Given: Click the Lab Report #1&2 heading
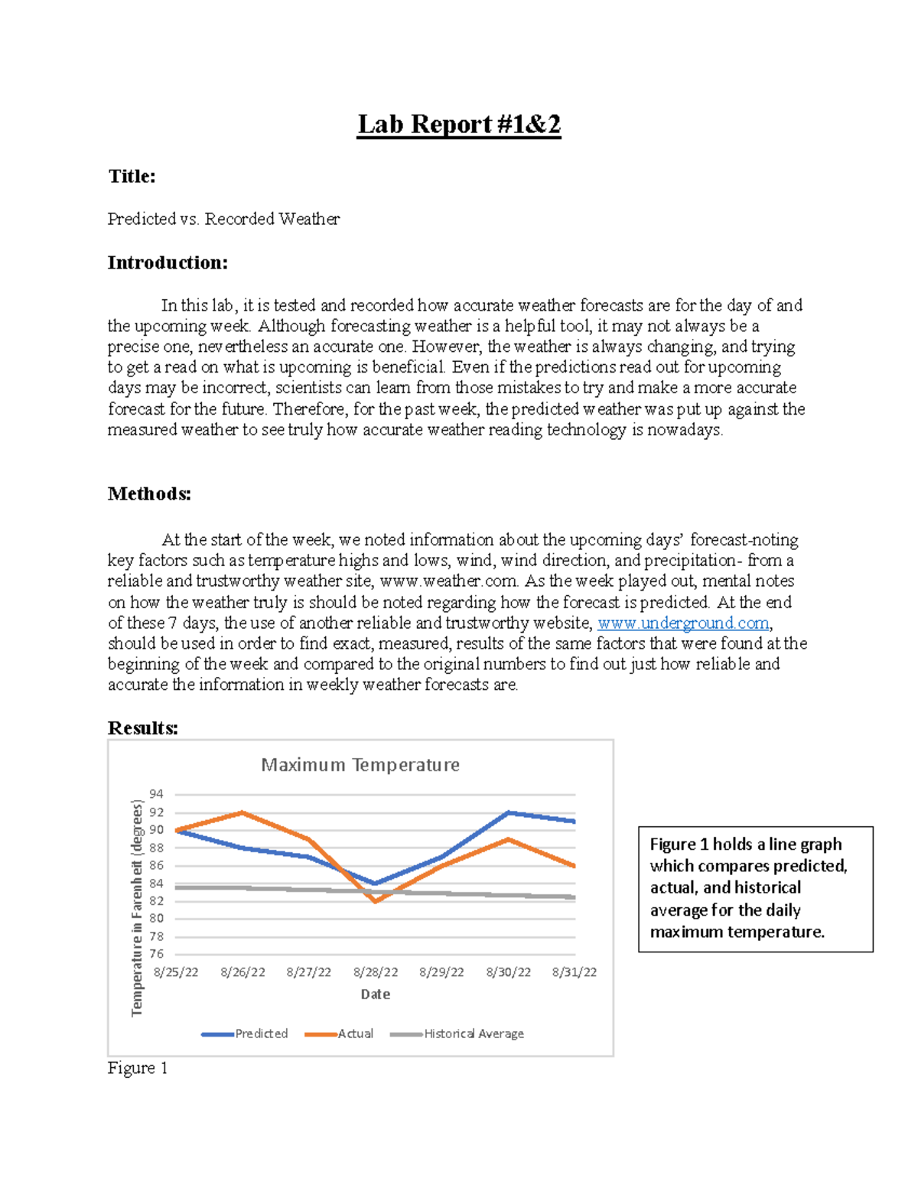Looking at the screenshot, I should tap(459, 124).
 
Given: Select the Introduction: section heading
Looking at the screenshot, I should tap(168, 262).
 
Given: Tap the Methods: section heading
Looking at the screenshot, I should tap(149, 493).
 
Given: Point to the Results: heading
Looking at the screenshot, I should tap(143, 727).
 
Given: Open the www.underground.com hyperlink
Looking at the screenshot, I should tap(682, 623).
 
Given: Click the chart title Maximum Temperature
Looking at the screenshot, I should tap(360, 765).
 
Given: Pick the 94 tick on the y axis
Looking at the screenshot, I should tap(156, 794).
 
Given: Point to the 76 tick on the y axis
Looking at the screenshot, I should tap(156, 954).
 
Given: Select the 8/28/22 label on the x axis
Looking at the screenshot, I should tap(376, 972).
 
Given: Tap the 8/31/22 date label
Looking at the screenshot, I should tap(575, 972).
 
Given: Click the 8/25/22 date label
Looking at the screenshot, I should tap(176, 972).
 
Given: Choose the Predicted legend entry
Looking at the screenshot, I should tap(261, 1033).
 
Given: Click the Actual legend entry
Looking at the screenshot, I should tap(355, 1033).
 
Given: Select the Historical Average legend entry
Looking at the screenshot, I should tap(474, 1033).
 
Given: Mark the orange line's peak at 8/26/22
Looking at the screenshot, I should tap(243, 812).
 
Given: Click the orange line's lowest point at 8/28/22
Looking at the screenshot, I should tap(376, 901).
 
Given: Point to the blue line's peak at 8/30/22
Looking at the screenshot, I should tap(509, 812).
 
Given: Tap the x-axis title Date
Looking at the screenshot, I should tap(376, 994).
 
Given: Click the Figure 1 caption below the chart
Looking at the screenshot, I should tap(138, 1068).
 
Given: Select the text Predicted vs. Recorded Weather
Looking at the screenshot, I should tap(223, 219).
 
